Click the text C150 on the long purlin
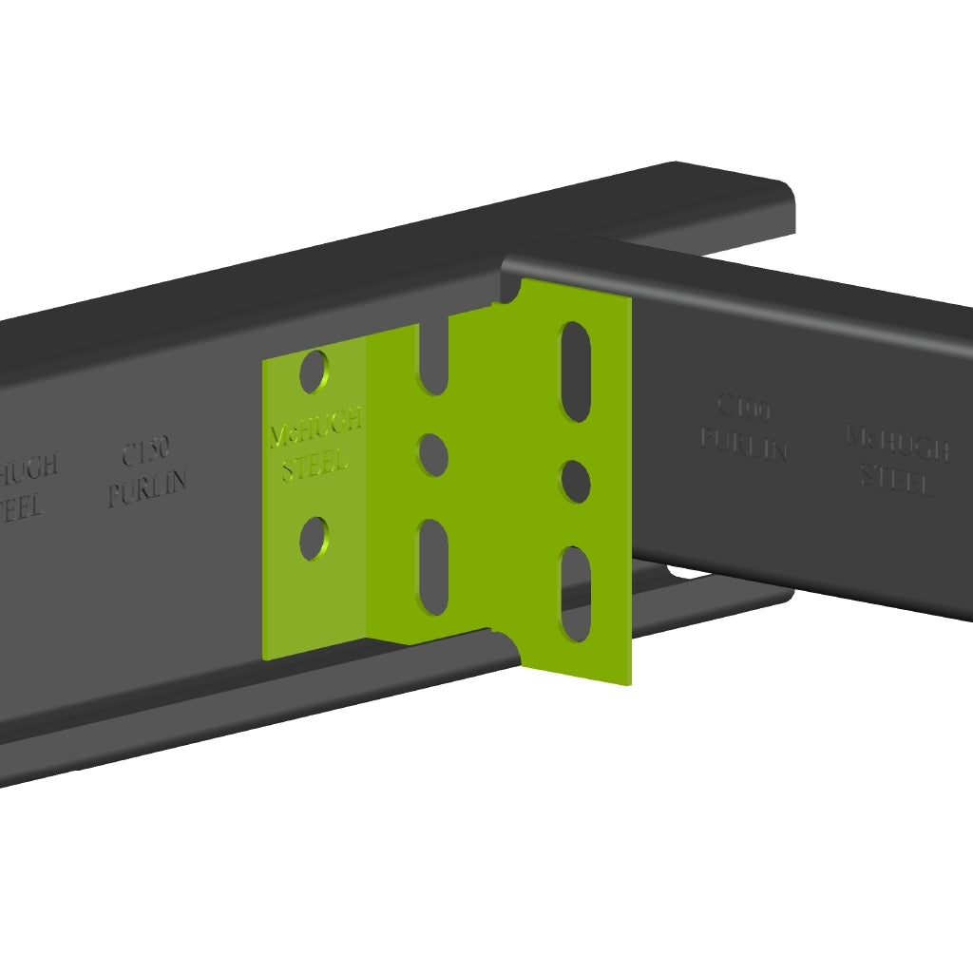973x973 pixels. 145,454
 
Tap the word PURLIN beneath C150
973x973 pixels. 147,488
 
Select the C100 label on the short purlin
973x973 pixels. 743,410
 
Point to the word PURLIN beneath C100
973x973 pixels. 744,444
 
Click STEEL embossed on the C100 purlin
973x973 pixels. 897,479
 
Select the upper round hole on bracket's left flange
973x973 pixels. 315,372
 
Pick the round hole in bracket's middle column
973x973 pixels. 433,455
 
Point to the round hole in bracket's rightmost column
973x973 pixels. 576,481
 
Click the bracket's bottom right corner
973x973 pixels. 630,683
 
